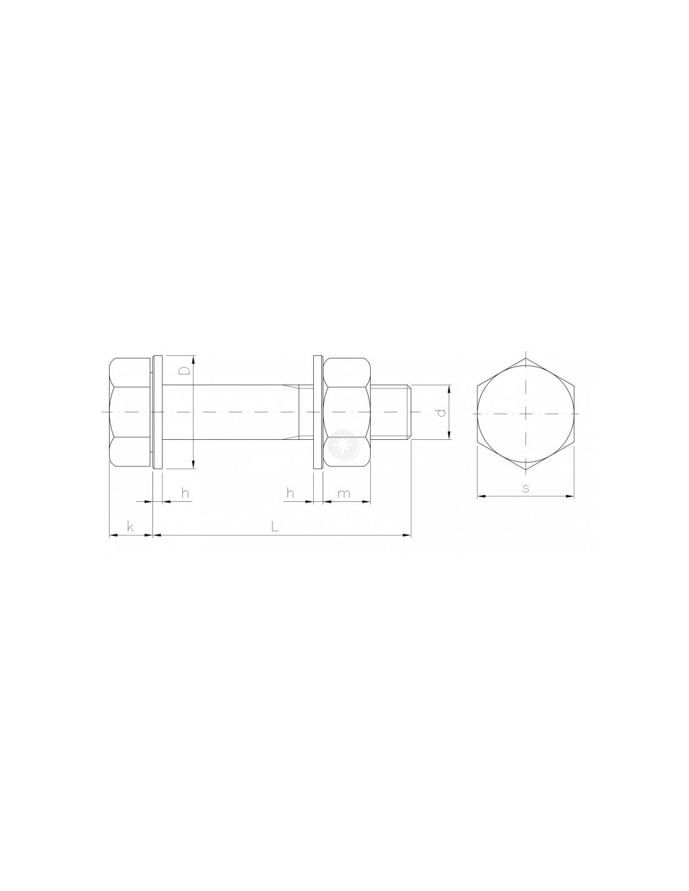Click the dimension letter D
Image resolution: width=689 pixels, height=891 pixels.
[185, 371]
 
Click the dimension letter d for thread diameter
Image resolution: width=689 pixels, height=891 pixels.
[440, 413]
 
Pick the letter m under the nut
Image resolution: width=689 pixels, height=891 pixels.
[343, 494]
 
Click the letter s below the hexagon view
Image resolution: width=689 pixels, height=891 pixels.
[526, 488]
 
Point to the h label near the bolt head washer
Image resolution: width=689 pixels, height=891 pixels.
[185, 493]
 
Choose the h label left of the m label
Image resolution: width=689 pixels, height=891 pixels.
[290, 493]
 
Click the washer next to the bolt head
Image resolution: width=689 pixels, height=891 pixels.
[157, 412]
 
